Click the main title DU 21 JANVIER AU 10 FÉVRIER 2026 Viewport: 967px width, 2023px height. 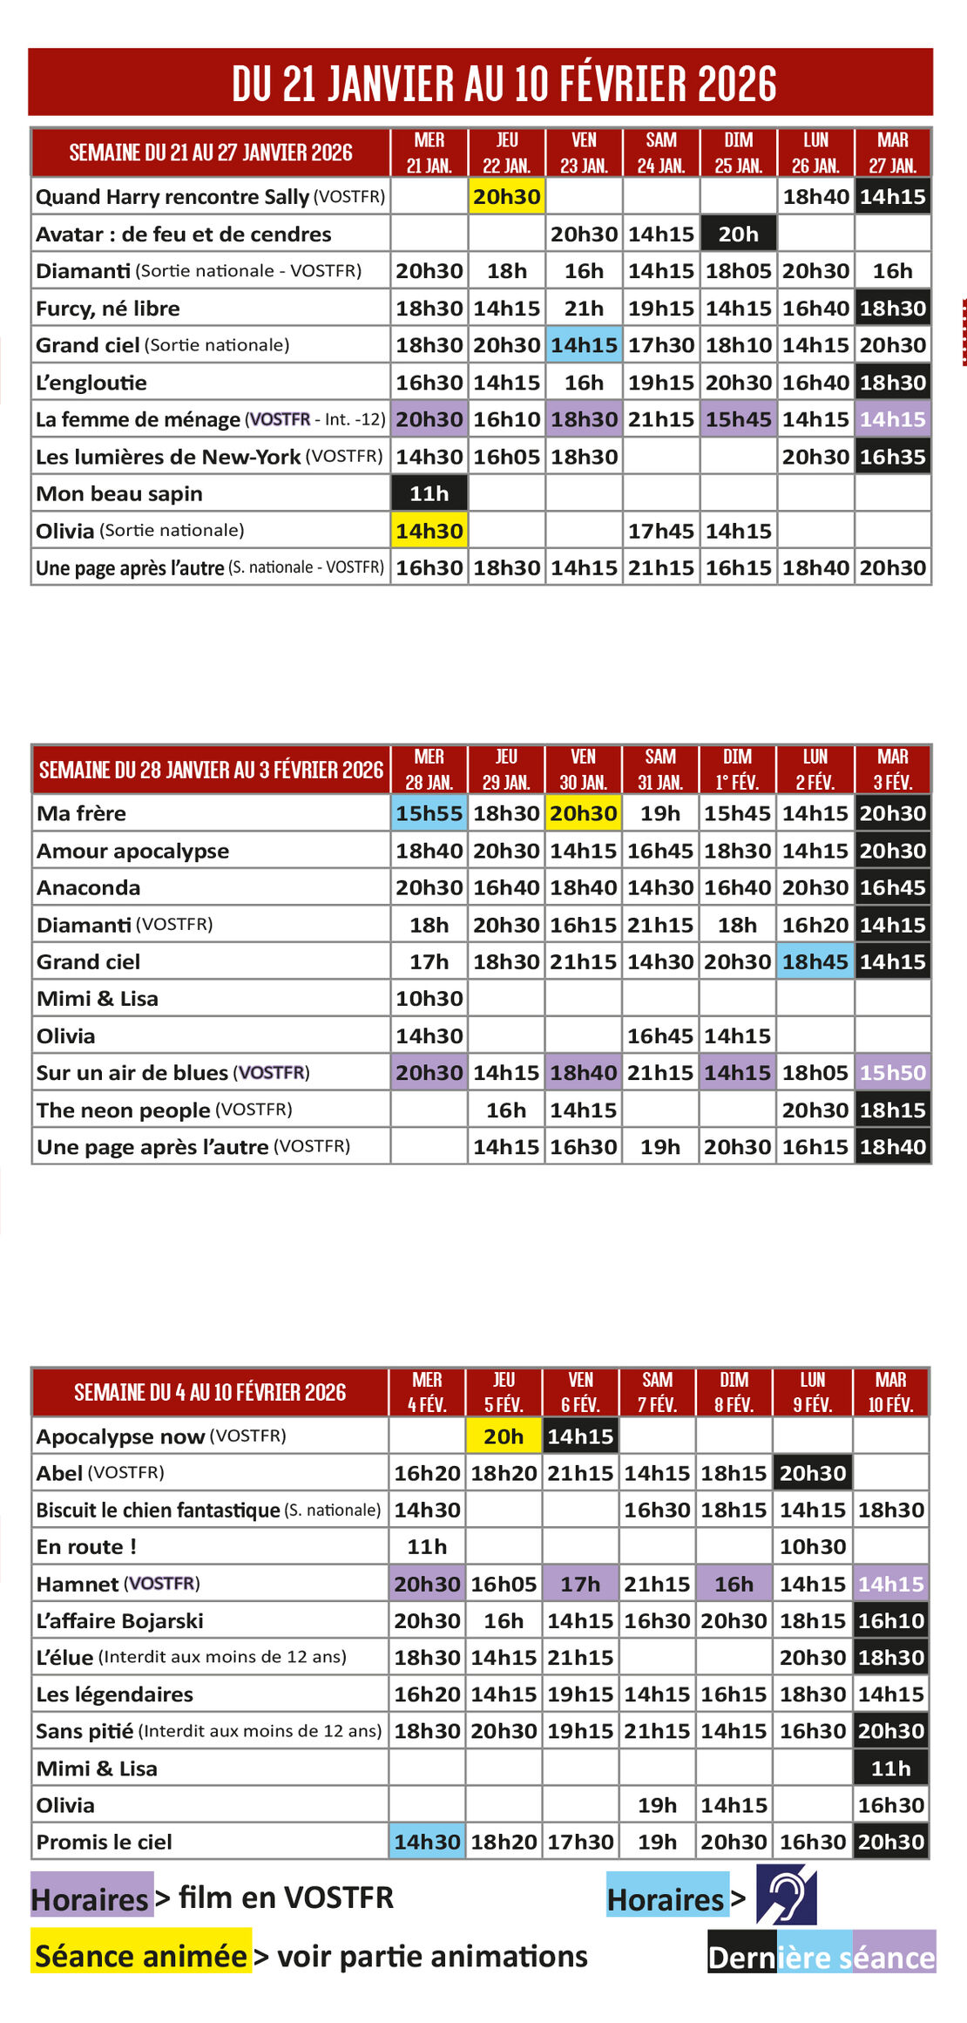[504, 84]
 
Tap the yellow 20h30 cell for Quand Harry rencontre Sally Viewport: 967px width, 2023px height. [507, 197]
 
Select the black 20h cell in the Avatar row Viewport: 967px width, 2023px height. [738, 234]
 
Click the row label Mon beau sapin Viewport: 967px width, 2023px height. [119, 494]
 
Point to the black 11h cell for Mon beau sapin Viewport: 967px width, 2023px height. [429, 493]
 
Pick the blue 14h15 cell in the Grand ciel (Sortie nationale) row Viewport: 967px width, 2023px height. [584, 345]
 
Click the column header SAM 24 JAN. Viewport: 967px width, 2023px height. [661, 153]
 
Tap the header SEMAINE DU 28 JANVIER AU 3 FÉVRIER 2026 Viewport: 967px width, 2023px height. [211, 770]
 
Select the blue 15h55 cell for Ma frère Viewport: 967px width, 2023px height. [429, 813]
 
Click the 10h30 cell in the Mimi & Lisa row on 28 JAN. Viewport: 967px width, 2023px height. [429, 999]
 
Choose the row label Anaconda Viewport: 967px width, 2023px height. [88, 888]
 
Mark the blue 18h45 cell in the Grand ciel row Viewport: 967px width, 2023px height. [815, 961]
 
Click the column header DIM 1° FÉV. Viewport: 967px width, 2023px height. [737, 770]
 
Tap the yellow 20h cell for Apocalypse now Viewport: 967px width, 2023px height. [504, 1436]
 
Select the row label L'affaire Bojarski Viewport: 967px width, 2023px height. [119, 1621]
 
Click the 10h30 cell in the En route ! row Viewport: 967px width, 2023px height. [812, 1547]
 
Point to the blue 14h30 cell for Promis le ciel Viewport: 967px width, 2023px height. [427, 1842]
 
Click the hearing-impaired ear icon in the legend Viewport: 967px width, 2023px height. [786, 1895]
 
